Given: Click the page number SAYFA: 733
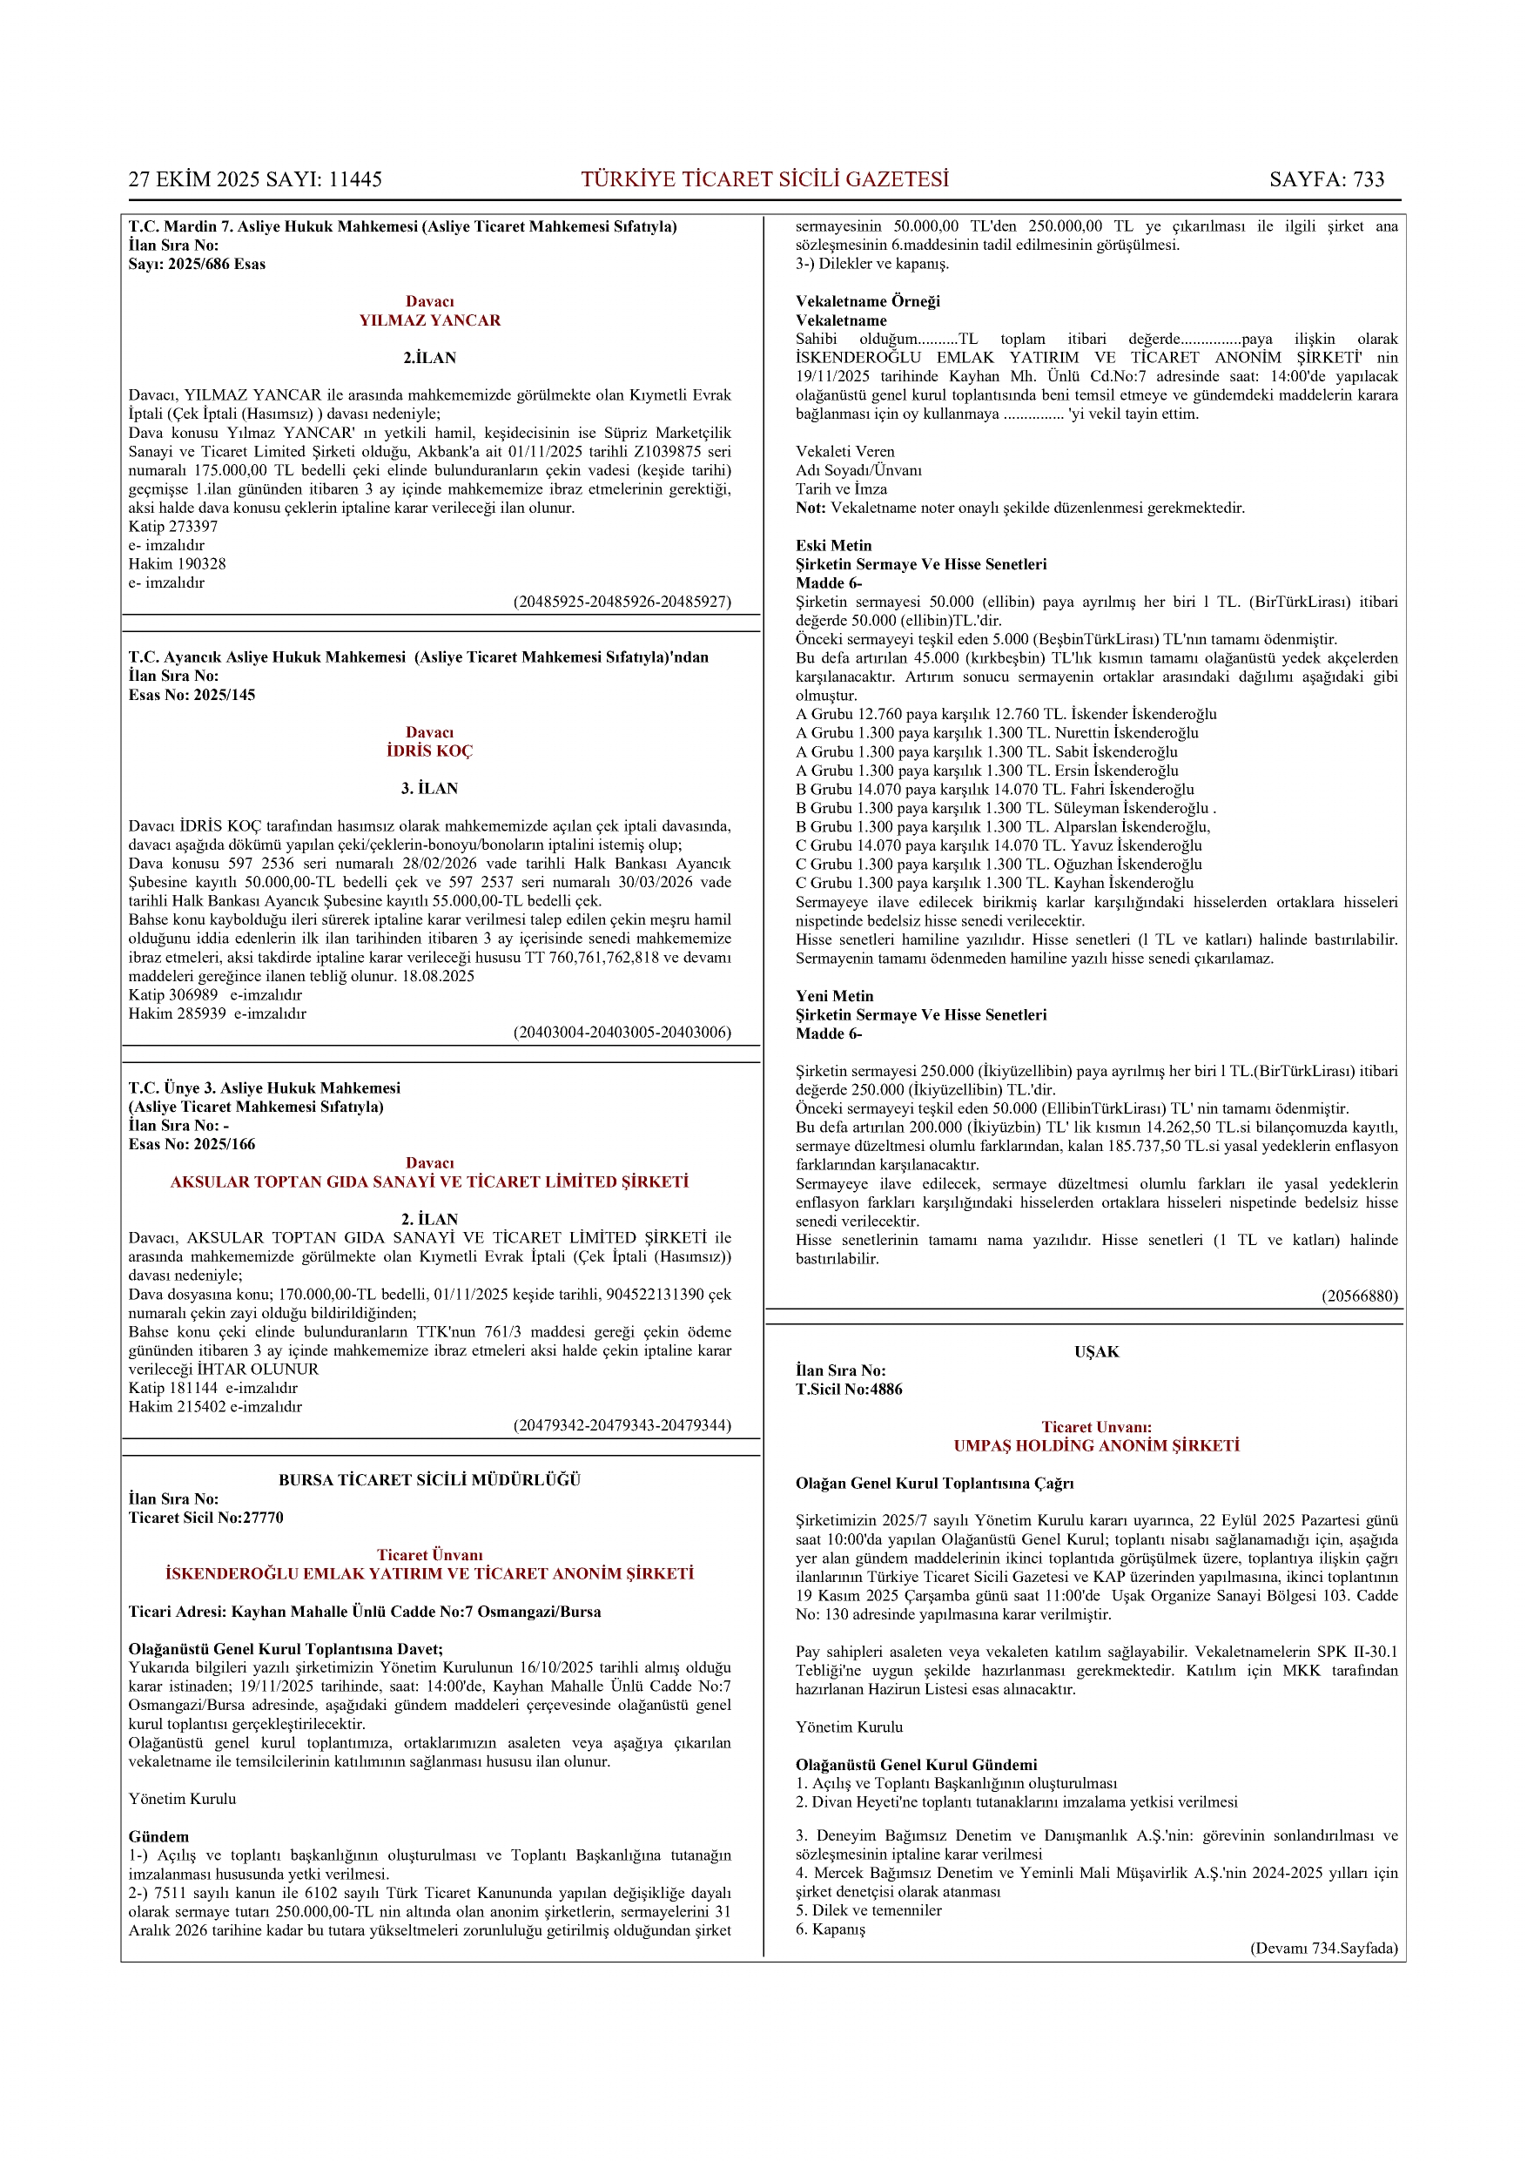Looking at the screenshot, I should pyautogui.click(x=1326, y=178).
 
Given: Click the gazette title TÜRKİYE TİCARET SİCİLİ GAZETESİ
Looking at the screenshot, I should pyautogui.click(x=764, y=178).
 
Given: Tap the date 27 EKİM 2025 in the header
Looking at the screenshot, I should pyautogui.click(x=195, y=178).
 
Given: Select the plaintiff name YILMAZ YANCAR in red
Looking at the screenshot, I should pyautogui.click(x=429, y=320).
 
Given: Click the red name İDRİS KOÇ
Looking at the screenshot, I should pyautogui.click(x=429, y=751).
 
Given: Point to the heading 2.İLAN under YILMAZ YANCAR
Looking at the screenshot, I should pyautogui.click(x=429, y=358).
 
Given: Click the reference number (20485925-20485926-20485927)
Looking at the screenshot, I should pyautogui.click(x=622, y=602).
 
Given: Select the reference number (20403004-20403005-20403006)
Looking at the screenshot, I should pyautogui.click(x=622, y=1032).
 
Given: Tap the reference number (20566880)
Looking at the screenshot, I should pyautogui.click(x=1359, y=1296).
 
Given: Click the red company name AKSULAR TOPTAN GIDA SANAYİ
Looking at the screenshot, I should pyautogui.click(x=429, y=1181).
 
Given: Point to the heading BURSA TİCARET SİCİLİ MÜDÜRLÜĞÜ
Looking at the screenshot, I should pyautogui.click(x=429, y=1479).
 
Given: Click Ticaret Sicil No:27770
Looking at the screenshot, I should pyautogui.click(x=206, y=1518).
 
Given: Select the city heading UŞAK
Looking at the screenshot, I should pyautogui.click(x=1096, y=1351).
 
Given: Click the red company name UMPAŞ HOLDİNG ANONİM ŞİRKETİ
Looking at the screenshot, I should pyautogui.click(x=1096, y=1445).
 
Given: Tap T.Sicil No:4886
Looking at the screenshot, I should pyautogui.click(x=848, y=1390).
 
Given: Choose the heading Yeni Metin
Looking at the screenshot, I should pyautogui.click(x=834, y=996).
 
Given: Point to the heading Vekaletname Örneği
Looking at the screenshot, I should pyautogui.click(x=867, y=301).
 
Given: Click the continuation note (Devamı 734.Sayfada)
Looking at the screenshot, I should pyautogui.click(x=1322, y=1949).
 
